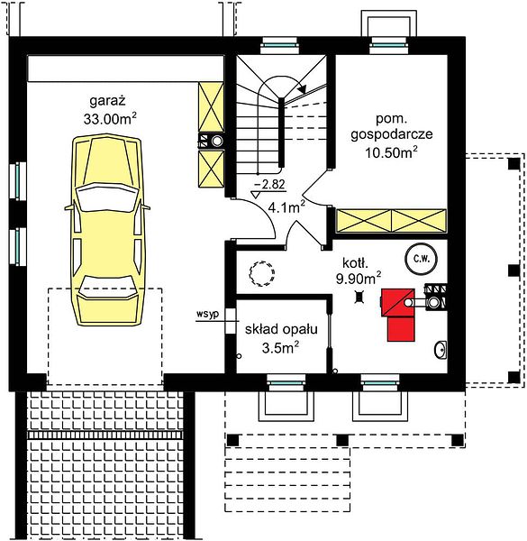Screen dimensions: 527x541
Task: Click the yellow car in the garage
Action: [107, 230]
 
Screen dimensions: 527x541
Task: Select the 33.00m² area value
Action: [110, 119]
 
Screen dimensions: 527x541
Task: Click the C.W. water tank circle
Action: [422, 259]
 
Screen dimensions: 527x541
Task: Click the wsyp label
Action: [207, 315]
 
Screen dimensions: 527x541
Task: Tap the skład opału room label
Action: [281, 329]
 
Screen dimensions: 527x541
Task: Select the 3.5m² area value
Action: [280, 347]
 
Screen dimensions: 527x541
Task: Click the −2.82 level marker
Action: [269, 185]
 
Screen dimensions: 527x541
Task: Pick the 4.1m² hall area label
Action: [286, 207]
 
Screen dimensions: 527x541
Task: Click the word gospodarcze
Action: [392, 134]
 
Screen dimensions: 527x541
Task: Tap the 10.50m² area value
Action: [392, 152]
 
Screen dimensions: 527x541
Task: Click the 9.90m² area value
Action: [359, 278]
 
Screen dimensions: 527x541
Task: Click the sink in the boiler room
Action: [441, 350]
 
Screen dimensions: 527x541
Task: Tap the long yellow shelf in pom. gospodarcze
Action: [391, 221]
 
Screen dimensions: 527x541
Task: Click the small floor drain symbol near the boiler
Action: [359, 297]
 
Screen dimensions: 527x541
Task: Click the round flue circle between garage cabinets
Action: [217, 141]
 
